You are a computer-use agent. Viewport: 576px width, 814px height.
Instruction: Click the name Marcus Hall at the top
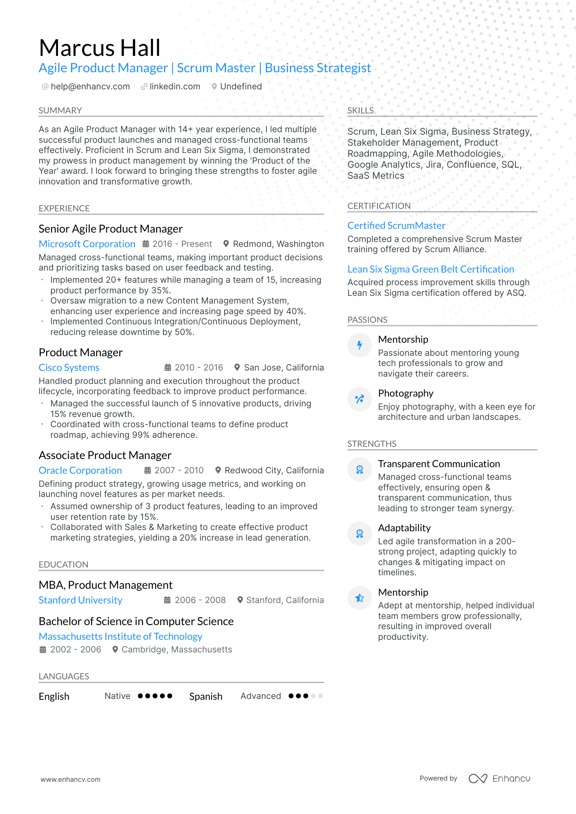pyautogui.click(x=100, y=48)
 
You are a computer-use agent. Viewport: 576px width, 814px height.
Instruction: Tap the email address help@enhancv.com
pyautogui.click(x=90, y=87)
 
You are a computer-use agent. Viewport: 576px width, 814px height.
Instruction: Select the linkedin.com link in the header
pyautogui.click(x=175, y=87)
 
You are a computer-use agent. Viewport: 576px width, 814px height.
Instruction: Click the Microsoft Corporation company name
pyautogui.click(x=87, y=244)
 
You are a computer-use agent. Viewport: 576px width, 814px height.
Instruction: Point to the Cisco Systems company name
pyautogui.click(x=69, y=368)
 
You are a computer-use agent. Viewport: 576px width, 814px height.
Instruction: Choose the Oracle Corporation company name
pyautogui.click(x=80, y=470)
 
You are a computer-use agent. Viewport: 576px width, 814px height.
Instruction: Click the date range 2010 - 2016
pyautogui.click(x=199, y=368)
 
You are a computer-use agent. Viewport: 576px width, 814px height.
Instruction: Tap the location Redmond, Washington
pyautogui.click(x=278, y=244)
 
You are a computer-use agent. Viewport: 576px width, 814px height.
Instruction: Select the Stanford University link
pyautogui.click(x=80, y=600)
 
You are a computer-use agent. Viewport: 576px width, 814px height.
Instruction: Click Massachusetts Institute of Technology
pyautogui.click(x=121, y=637)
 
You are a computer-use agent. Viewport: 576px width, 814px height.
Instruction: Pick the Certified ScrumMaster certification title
pyautogui.click(x=396, y=226)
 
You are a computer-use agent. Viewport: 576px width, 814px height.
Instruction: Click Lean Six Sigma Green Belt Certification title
pyautogui.click(x=431, y=269)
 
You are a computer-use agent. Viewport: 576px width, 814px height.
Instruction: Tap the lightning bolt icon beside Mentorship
pyautogui.click(x=359, y=345)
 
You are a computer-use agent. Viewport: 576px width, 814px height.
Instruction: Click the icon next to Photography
pyautogui.click(x=359, y=399)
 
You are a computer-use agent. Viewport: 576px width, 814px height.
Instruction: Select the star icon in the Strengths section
pyautogui.click(x=359, y=598)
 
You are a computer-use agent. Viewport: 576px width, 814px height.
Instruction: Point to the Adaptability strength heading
pyautogui.click(x=404, y=528)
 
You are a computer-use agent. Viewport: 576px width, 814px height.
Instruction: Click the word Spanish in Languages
pyautogui.click(x=206, y=696)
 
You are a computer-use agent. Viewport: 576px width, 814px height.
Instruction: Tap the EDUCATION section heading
pyautogui.click(x=64, y=565)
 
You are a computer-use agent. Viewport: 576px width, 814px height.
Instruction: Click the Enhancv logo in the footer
pyautogui.click(x=499, y=779)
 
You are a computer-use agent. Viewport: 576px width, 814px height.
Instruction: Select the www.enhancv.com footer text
pyautogui.click(x=71, y=779)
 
